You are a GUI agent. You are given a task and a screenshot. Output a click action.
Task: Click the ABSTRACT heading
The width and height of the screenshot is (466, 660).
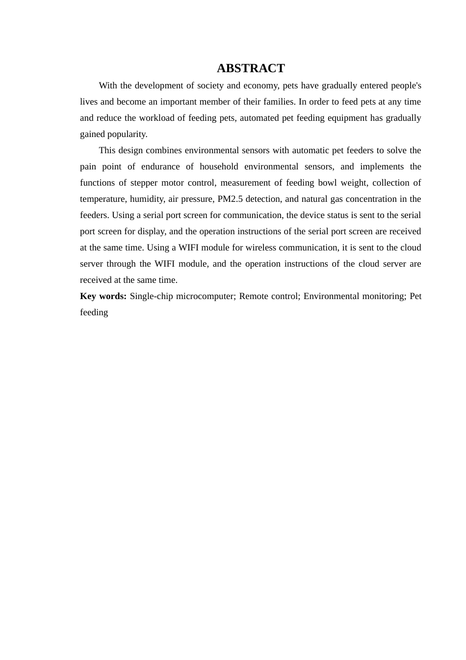[251, 68]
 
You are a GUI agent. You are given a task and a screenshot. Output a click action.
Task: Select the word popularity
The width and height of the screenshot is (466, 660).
[129, 134]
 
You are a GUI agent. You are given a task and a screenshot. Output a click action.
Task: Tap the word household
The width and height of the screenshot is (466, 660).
[219, 166]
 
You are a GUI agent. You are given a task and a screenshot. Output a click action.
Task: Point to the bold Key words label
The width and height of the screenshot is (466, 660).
[103, 296]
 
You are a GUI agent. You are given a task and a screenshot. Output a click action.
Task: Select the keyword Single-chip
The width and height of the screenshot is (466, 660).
[151, 296]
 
